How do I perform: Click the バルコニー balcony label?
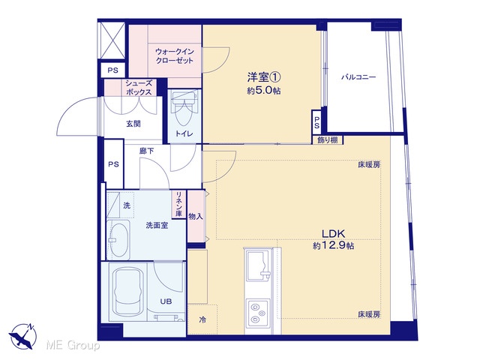[x=358, y=76]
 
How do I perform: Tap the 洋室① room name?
[x=264, y=77]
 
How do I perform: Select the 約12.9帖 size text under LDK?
[x=333, y=245]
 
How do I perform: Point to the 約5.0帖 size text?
[x=264, y=91]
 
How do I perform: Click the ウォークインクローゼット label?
[x=175, y=55]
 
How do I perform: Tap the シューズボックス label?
[x=139, y=88]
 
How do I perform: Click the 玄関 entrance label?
[x=133, y=124]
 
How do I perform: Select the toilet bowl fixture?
[x=184, y=109]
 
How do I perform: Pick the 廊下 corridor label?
[x=147, y=151]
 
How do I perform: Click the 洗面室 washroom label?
[x=157, y=226]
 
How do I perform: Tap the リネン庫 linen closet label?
[x=179, y=204]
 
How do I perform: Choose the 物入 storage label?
[x=196, y=217]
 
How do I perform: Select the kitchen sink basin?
[x=258, y=265]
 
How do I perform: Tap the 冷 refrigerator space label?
[x=202, y=320]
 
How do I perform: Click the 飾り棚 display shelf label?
[x=328, y=140]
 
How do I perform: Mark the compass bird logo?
[x=22, y=336]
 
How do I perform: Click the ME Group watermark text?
[x=73, y=346]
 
